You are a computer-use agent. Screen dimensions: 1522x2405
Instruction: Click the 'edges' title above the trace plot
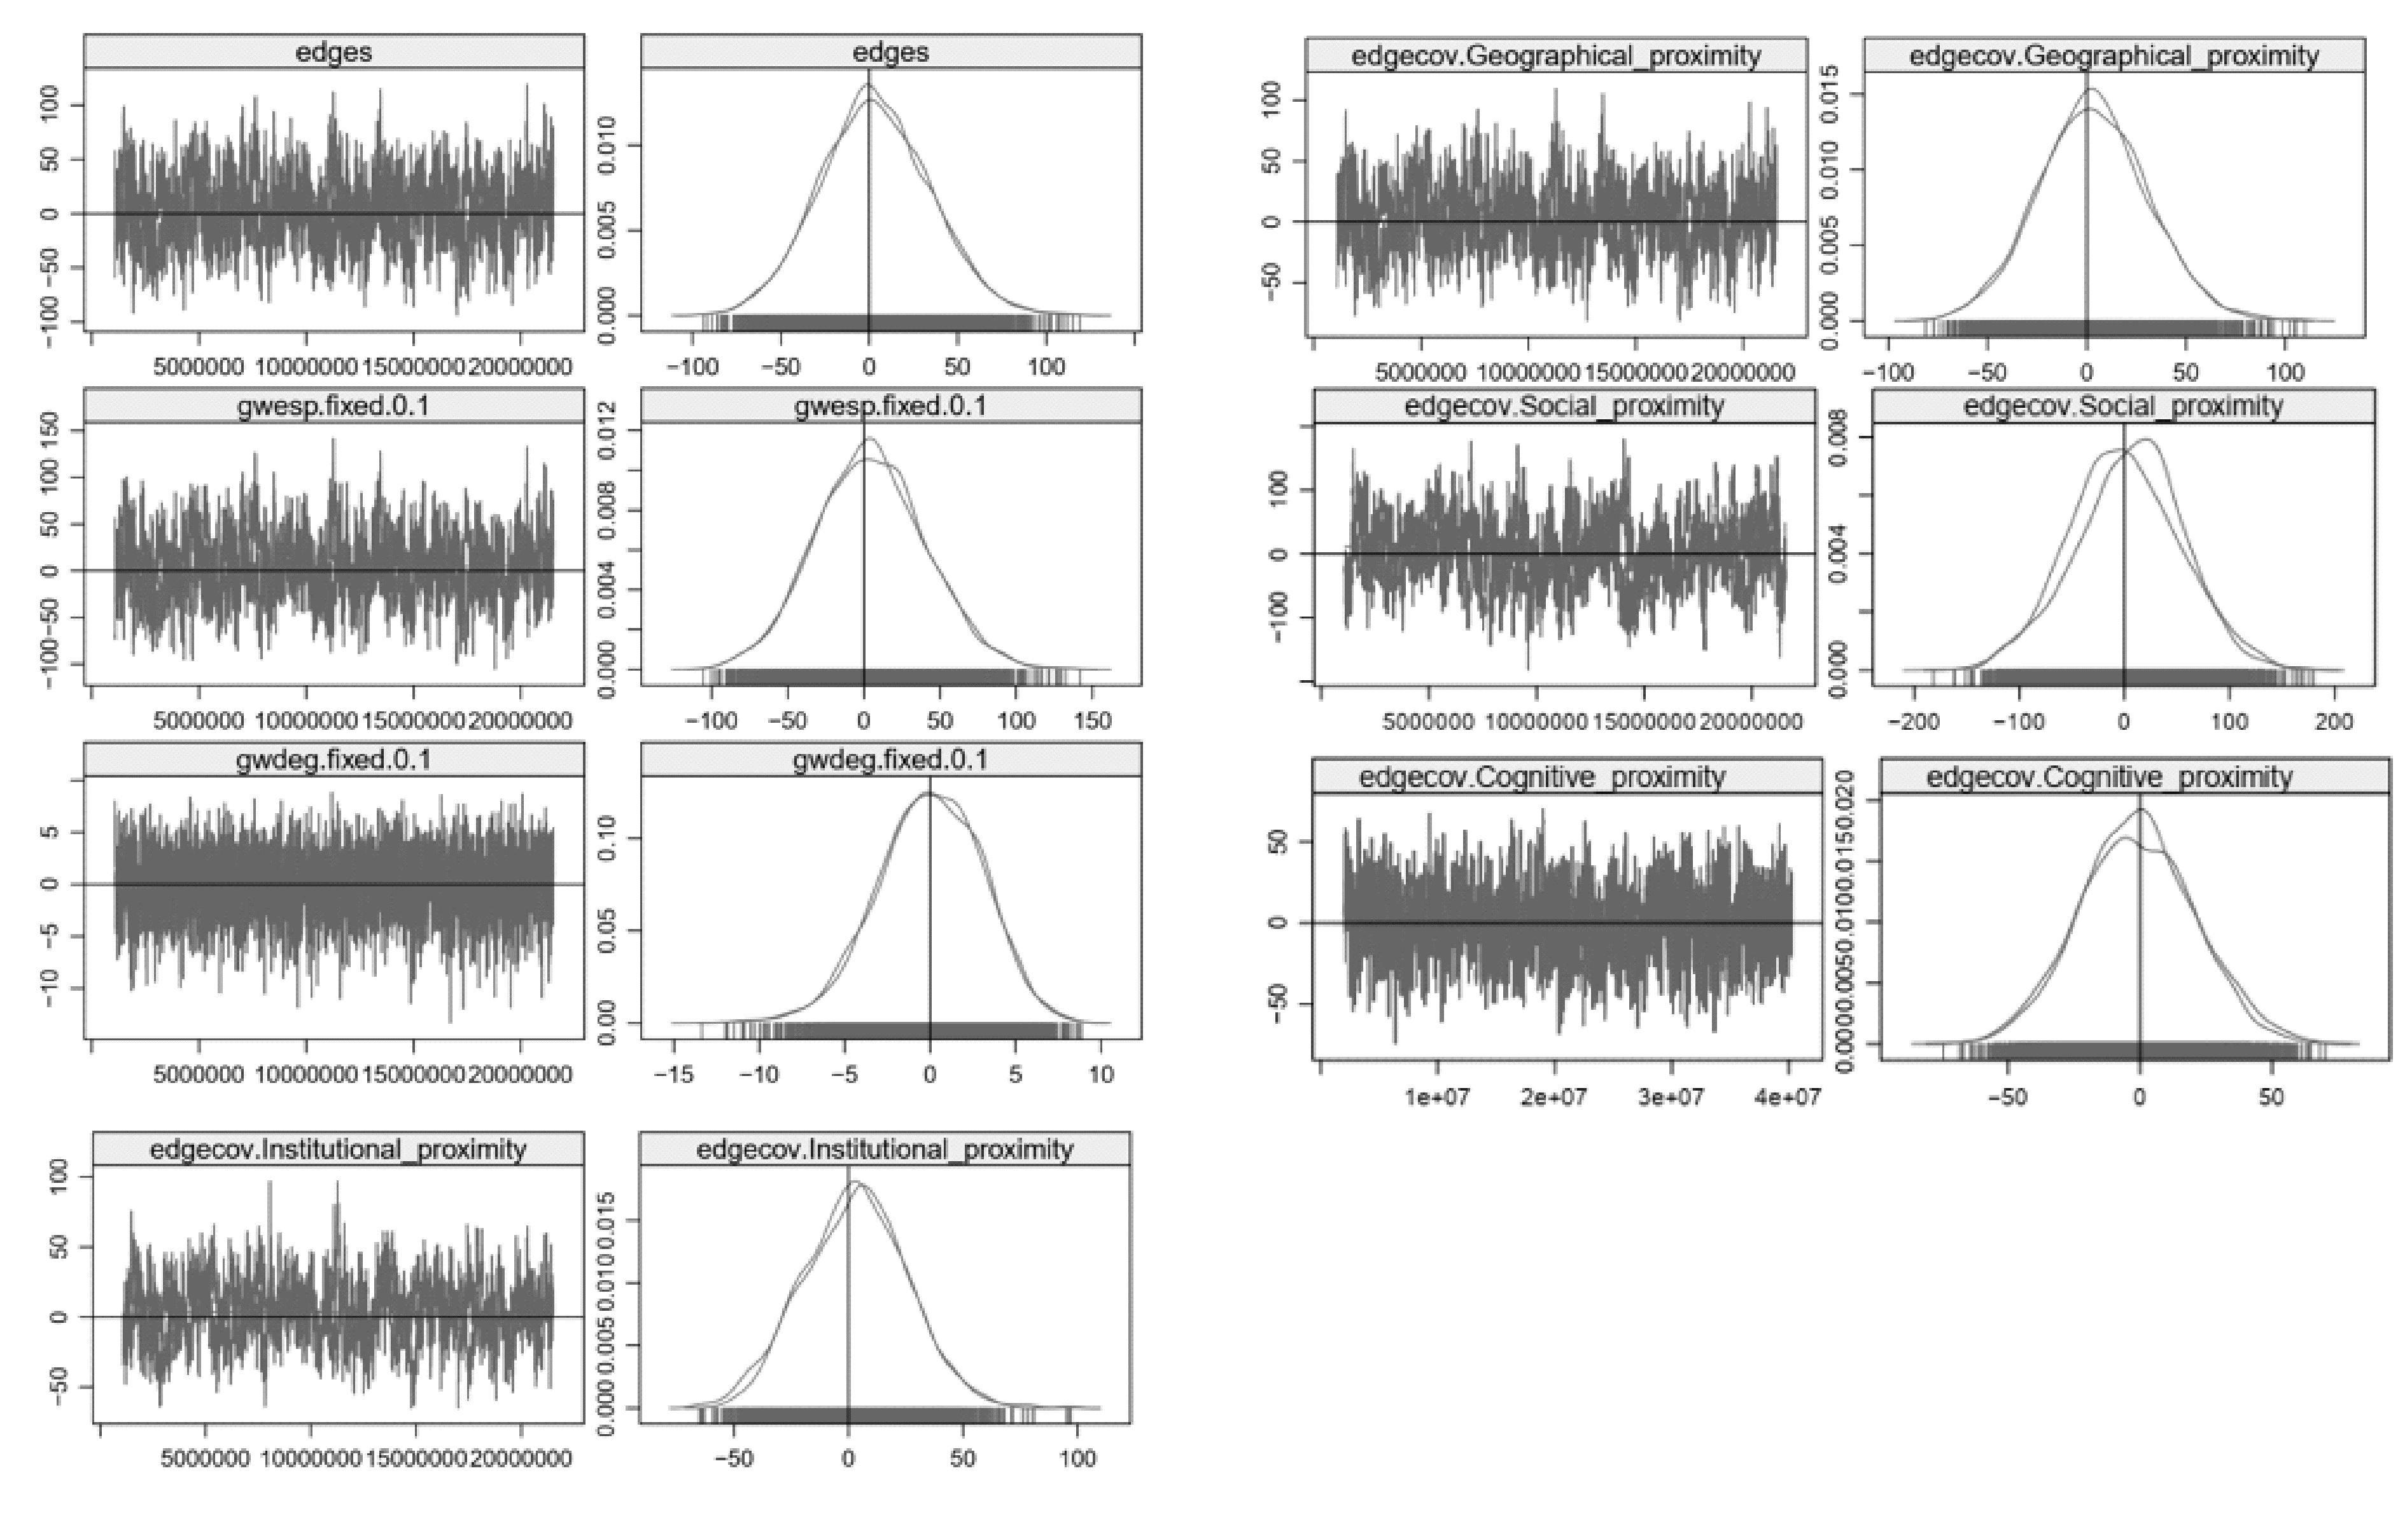click(333, 52)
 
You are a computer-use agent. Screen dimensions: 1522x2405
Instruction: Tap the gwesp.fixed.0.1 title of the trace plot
click(333, 407)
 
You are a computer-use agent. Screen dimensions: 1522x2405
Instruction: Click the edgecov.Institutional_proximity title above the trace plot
click(337, 1150)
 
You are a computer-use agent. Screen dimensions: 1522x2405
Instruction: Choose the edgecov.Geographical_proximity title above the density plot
click(2114, 56)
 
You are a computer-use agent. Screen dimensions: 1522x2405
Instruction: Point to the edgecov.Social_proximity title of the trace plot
click(1564, 407)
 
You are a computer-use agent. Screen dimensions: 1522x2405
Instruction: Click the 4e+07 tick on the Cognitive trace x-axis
click(1788, 1096)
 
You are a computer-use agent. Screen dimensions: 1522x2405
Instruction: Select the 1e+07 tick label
click(1436, 1096)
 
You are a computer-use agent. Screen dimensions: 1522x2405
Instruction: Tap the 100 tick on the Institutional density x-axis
click(1077, 1459)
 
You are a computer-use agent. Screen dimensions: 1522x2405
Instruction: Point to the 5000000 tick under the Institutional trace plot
click(205, 1459)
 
